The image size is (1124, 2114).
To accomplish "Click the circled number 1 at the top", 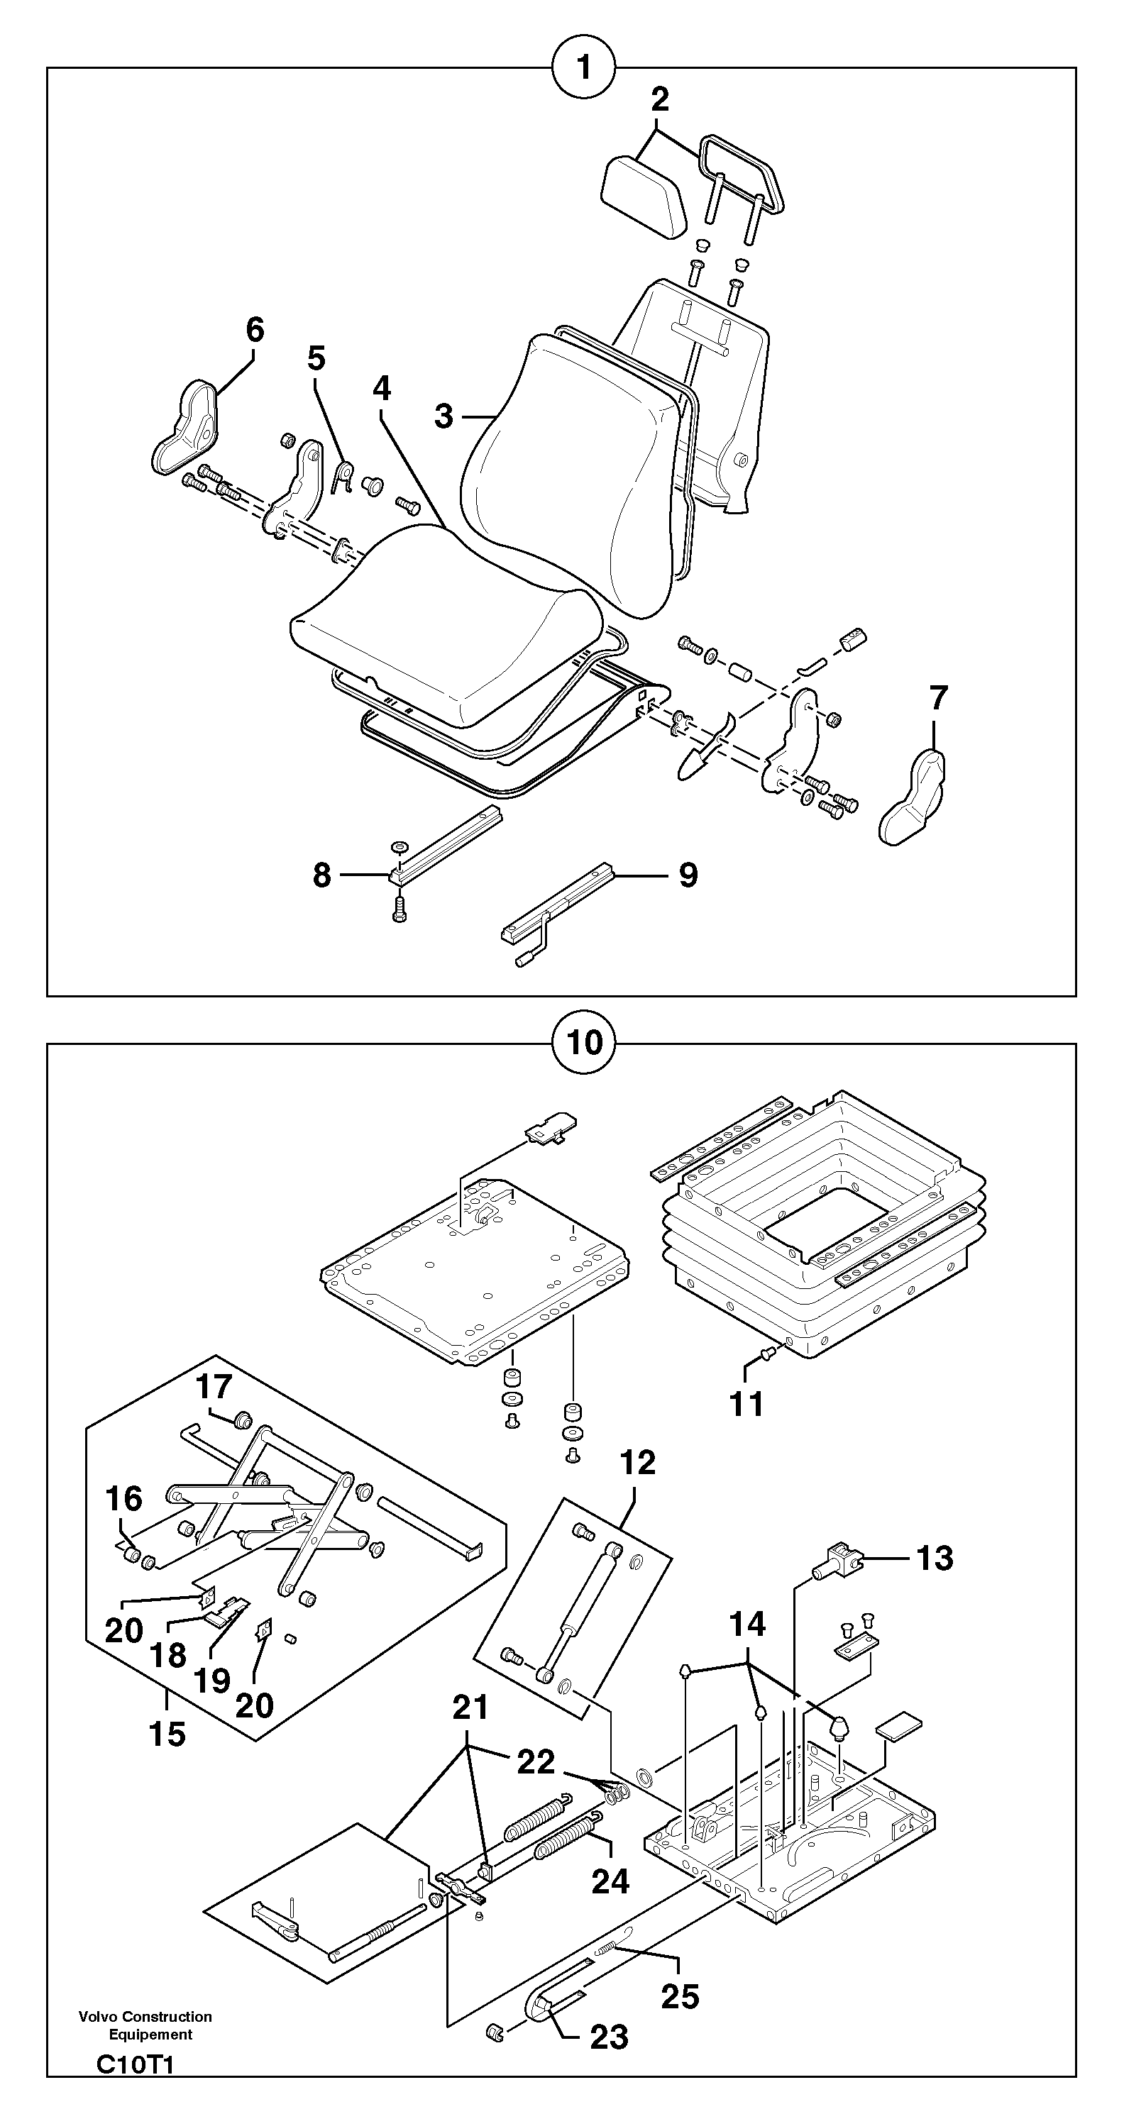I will (x=584, y=68).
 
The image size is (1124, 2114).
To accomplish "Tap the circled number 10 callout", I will (x=584, y=1043).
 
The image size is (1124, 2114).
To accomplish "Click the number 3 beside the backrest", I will (x=443, y=416).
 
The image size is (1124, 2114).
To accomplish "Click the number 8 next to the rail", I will (x=322, y=875).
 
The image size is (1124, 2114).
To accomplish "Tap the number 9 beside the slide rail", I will (x=688, y=875).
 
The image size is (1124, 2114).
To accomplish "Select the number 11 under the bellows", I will (x=747, y=1403).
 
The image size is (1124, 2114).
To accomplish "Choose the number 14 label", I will (x=747, y=1624).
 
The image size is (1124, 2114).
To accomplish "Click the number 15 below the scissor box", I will (x=167, y=1734).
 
